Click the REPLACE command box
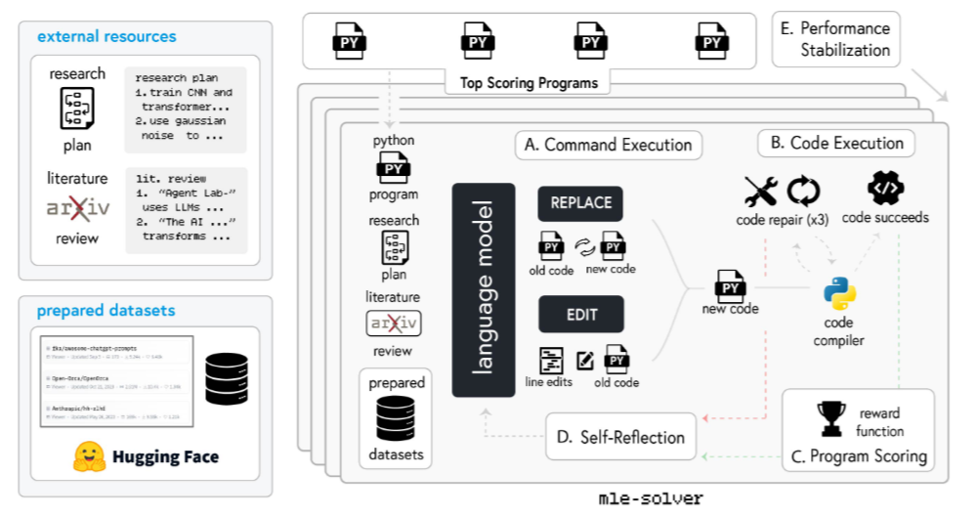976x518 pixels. tap(580, 203)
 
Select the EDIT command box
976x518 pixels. tap(580, 315)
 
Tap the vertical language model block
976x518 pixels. tap(483, 289)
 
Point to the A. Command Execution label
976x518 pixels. tap(608, 146)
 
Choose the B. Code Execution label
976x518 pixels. tap(836, 144)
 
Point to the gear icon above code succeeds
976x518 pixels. tap(885, 188)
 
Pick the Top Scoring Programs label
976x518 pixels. tap(529, 83)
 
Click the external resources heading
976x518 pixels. tap(106, 36)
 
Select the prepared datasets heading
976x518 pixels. tap(106, 311)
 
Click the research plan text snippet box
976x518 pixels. tap(186, 108)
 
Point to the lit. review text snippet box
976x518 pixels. tap(186, 208)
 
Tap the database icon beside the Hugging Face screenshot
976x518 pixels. tap(229, 378)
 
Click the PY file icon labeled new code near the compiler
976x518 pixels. tap(731, 289)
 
